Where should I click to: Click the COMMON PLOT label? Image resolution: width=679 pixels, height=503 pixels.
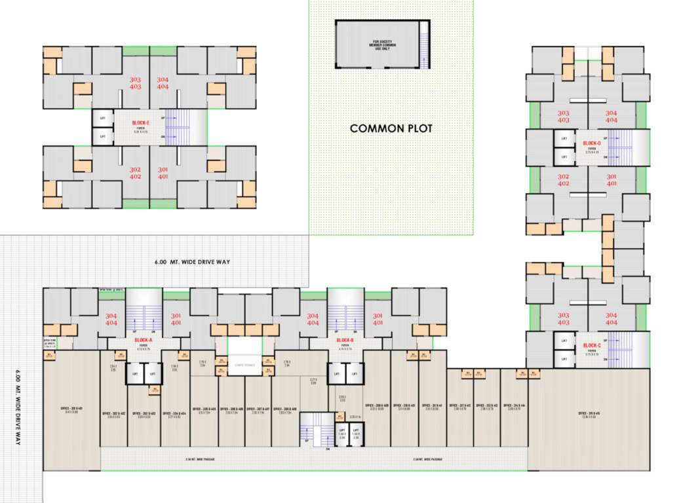(391, 128)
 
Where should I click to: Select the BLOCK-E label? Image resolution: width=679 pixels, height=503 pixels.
(141, 123)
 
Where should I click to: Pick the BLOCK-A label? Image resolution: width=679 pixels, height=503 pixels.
(143, 341)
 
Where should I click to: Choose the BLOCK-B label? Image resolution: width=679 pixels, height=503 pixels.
(345, 341)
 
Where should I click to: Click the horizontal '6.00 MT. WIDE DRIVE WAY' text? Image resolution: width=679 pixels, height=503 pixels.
(193, 262)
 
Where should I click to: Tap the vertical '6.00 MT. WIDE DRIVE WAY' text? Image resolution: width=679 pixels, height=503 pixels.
(18, 410)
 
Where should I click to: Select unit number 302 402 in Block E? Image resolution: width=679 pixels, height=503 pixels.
(135, 173)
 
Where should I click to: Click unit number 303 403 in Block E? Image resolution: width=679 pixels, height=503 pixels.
(135, 83)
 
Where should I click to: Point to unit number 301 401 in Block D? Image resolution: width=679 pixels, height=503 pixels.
(611, 180)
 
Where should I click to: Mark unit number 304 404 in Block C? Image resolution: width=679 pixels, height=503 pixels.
(611, 319)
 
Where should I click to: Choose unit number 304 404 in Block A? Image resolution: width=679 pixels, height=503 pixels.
(111, 320)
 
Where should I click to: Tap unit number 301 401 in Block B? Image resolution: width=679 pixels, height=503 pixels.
(378, 320)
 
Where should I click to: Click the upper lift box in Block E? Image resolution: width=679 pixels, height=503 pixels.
(102, 119)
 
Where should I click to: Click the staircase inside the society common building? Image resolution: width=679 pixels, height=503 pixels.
(425, 45)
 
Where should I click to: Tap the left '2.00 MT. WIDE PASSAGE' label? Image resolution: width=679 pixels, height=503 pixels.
(201, 459)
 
